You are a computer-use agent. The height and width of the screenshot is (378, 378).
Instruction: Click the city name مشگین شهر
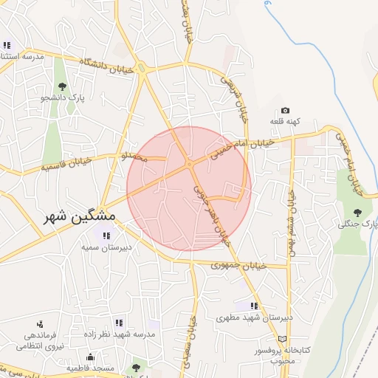pyautogui.click(x=72, y=216)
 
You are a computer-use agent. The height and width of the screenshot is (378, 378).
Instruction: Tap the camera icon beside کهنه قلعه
pyautogui.click(x=285, y=111)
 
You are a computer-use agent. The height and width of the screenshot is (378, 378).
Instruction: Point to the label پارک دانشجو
pyautogui.click(x=63, y=97)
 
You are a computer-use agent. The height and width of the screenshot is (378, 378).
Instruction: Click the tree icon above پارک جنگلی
pyautogui.click(x=358, y=213)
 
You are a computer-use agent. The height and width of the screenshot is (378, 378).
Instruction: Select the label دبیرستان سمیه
pyautogui.click(x=106, y=247)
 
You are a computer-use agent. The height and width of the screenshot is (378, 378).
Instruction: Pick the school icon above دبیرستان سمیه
pyautogui.click(x=107, y=236)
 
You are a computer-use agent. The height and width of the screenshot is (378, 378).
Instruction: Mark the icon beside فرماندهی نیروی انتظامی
pyautogui.click(x=39, y=323)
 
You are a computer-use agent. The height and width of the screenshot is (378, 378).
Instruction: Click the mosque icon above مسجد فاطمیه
pyautogui.click(x=90, y=357)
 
